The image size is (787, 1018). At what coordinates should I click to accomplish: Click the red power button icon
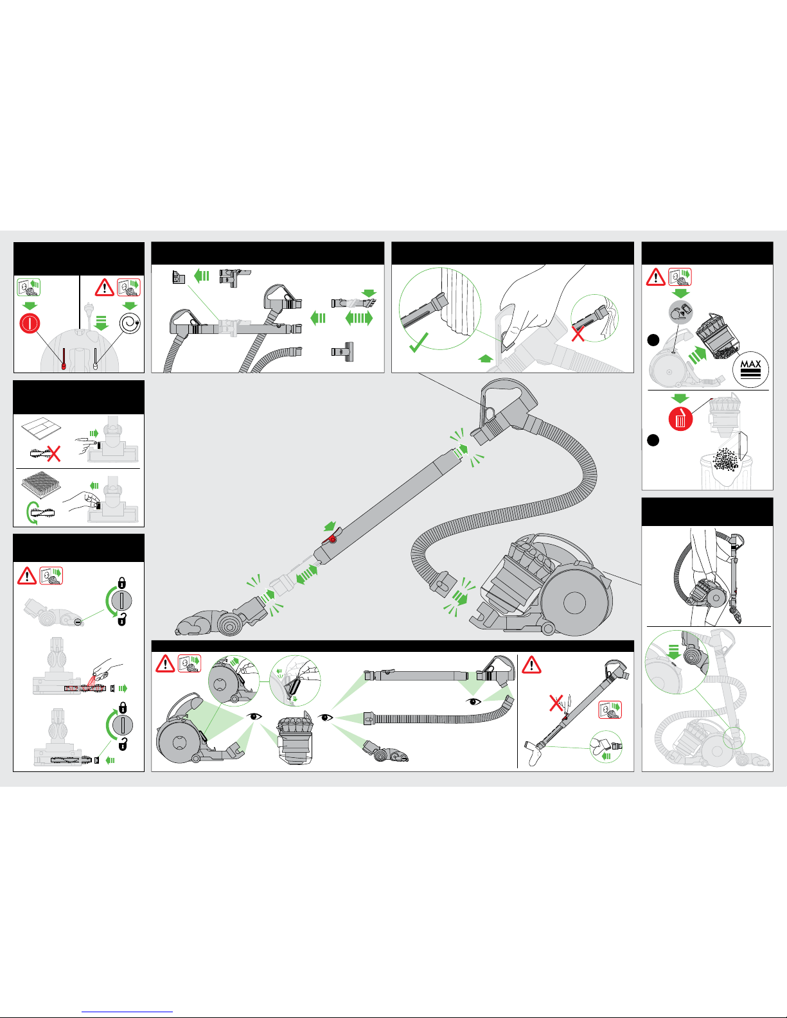tap(30, 323)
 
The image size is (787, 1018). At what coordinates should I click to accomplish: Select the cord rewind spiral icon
tap(130, 323)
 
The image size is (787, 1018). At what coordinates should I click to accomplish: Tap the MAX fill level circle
tap(750, 370)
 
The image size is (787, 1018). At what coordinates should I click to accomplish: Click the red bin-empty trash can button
tap(680, 419)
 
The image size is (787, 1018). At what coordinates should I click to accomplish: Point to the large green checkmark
tap(418, 342)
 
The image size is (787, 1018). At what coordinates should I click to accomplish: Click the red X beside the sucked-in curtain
tap(578, 334)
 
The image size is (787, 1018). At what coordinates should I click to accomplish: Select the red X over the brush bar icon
tap(53, 453)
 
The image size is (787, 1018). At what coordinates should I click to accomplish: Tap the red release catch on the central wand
tap(332, 539)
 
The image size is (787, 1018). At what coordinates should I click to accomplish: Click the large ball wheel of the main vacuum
tap(575, 602)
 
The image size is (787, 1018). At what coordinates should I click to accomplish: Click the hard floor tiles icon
tap(41, 428)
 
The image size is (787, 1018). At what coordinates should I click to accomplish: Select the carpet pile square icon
tap(41, 486)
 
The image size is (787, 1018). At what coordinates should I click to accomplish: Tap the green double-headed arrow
tap(359, 318)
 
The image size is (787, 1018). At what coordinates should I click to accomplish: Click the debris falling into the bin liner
tap(725, 460)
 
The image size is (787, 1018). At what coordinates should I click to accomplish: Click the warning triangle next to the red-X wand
tap(532, 665)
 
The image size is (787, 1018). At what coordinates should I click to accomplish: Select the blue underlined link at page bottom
tap(127, 1012)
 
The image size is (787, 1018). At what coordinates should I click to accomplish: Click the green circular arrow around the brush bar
tap(31, 513)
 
